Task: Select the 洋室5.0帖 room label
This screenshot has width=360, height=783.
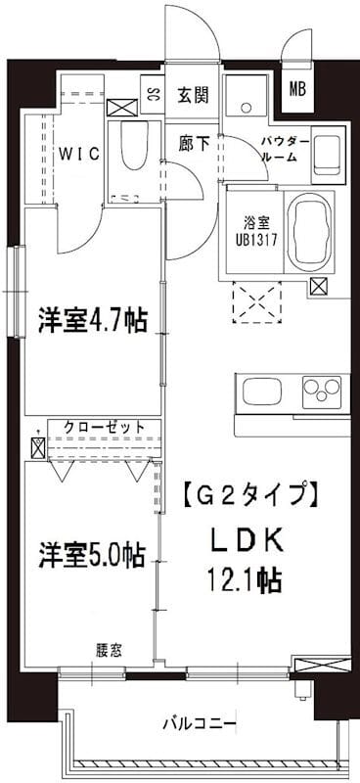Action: (x=92, y=555)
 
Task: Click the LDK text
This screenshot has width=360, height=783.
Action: (x=246, y=541)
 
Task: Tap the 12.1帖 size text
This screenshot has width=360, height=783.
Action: (x=245, y=581)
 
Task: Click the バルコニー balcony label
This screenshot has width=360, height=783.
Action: (x=199, y=724)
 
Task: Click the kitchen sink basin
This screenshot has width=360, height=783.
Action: (x=258, y=394)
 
